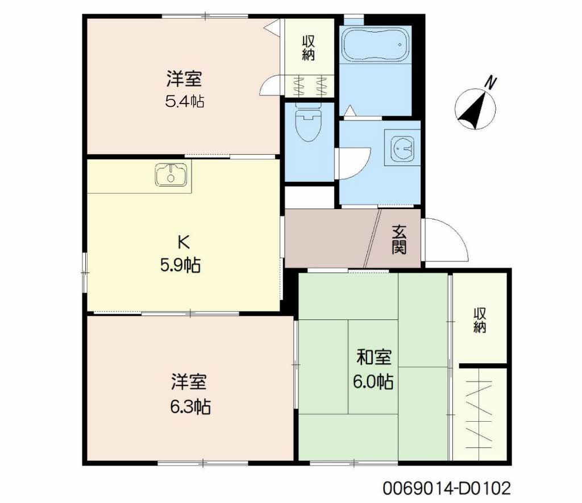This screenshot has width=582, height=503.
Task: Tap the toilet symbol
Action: pyautogui.click(x=309, y=124)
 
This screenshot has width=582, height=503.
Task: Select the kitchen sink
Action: pyautogui.click(x=171, y=174)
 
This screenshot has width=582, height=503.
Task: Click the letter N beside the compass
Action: pyautogui.click(x=490, y=83)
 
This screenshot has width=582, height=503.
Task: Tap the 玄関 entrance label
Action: pyautogui.click(x=399, y=240)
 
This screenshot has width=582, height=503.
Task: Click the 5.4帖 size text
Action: pyautogui.click(x=185, y=102)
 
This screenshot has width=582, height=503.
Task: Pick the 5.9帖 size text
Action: pyautogui.click(x=180, y=265)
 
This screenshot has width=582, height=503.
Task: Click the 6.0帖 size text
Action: pyautogui.click(x=373, y=381)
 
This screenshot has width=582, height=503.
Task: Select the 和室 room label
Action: pyautogui.click(x=373, y=357)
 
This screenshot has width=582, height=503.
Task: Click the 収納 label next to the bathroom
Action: pyautogui.click(x=309, y=48)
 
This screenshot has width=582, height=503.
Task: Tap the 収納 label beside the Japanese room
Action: pyautogui.click(x=480, y=320)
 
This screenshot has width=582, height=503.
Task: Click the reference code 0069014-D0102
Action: pyautogui.click(x=446, y=488)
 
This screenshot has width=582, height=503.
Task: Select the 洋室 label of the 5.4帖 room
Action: pyautogui.click(x=184, y=78)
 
